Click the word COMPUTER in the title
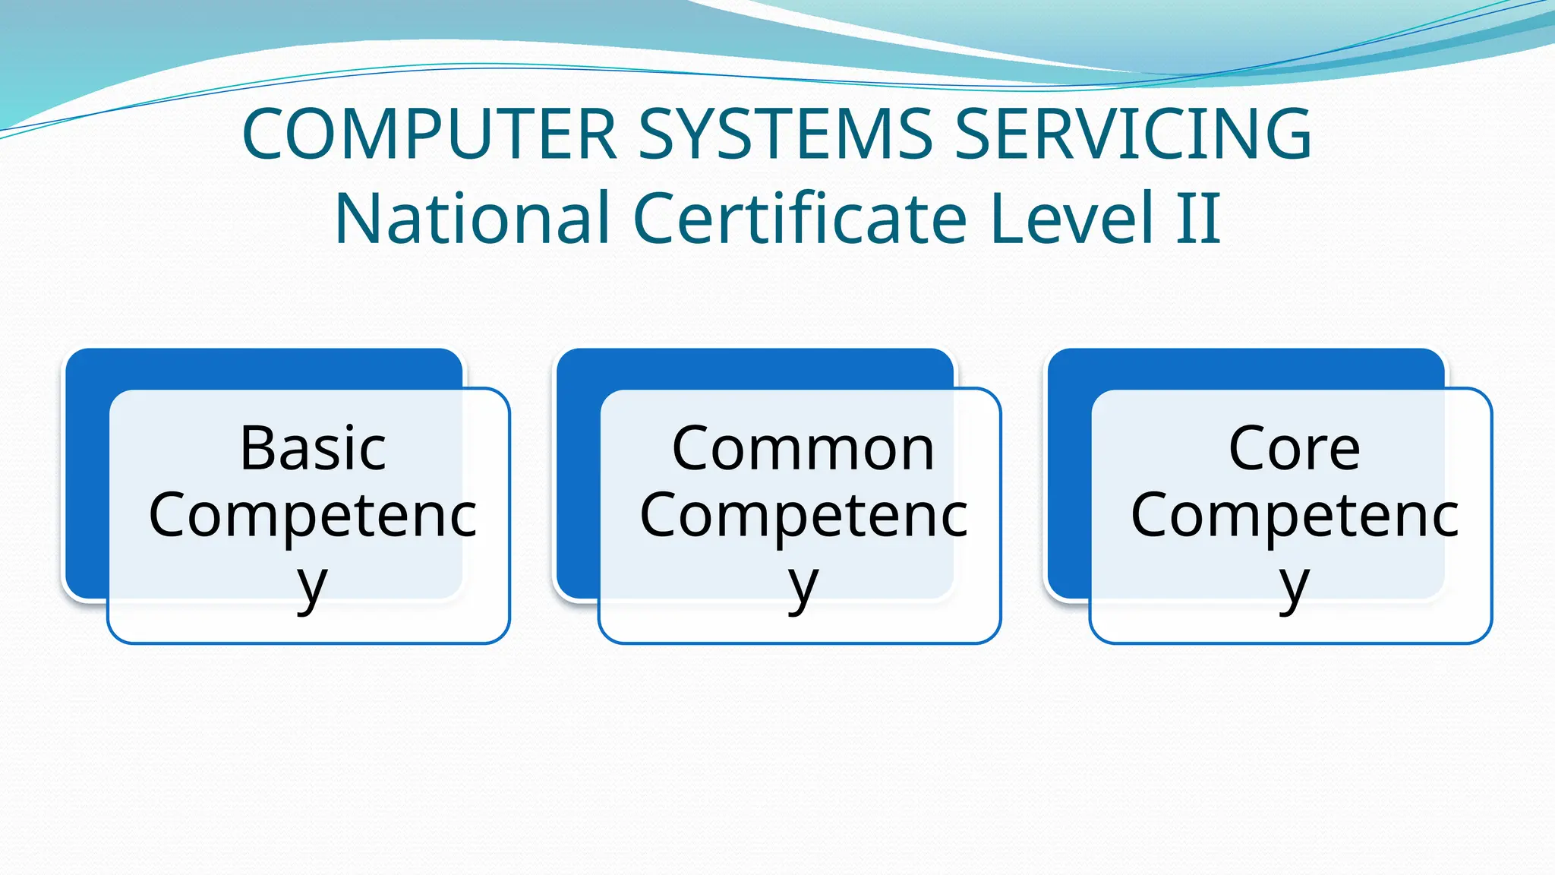(x=429, y=134)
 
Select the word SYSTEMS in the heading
(x=785, y=134)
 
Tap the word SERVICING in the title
(x=1132, y=134)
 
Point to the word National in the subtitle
(x=472, y=219)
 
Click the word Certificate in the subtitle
(x=800, y=219)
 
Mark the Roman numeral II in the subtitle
(x=1199, y=219)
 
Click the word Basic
(x=313, y=448)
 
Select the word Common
(x=803, y=448)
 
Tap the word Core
(x=1294, y=448)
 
